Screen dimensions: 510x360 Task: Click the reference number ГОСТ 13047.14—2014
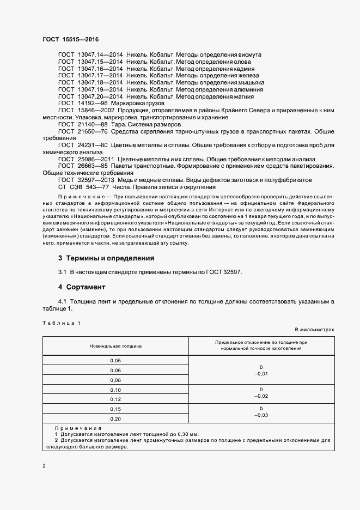(x=90, y=55)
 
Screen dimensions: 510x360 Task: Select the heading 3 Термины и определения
(x=106, y=258)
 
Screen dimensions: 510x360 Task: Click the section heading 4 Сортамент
(x=82, y=287)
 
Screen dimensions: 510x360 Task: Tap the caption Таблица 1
(x=61, y=323)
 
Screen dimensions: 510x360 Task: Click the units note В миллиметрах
(x=314, y=330)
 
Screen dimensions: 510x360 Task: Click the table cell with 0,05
(x=115, y=361)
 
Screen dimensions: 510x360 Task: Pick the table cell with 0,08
(x=115, y=380)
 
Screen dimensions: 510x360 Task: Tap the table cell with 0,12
(x=115, y=399)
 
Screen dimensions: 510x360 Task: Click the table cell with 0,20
(x=115, y=418)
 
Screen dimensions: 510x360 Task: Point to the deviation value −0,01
(x=261, y=374)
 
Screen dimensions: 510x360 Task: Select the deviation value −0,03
(x=261, y=415)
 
